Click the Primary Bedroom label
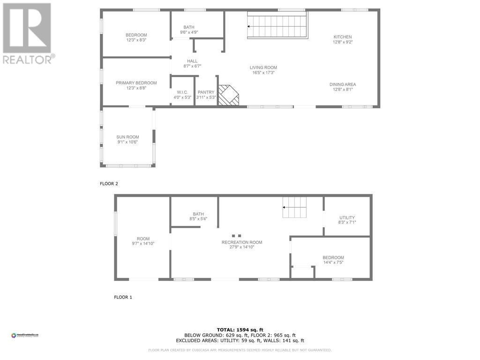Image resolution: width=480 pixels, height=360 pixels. point(136,83)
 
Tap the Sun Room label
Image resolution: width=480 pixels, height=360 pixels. point(127,137)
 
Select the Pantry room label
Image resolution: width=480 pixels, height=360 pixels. point(206,92)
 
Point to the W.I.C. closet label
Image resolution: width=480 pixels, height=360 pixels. point(182,92)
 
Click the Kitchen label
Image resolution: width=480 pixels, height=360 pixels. point(342,37)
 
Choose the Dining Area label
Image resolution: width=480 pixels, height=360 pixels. point(342,84)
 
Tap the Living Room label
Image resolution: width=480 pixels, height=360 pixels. point(263,67)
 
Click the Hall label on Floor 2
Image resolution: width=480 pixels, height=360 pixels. point(192,61)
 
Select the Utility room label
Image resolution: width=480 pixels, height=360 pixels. point(347,217)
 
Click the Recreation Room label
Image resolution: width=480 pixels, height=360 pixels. point(242,242)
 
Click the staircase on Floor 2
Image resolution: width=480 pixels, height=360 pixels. point(277,25)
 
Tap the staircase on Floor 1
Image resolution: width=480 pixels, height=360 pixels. point(294,207)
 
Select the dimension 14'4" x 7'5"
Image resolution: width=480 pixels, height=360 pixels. point(333,262)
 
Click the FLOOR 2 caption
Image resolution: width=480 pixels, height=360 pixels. point(109,184)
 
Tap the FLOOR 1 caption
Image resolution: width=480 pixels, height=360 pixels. point(123,297)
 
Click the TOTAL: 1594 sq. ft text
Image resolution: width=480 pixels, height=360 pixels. point(240,330)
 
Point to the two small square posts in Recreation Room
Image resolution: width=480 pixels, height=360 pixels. point(237,236)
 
